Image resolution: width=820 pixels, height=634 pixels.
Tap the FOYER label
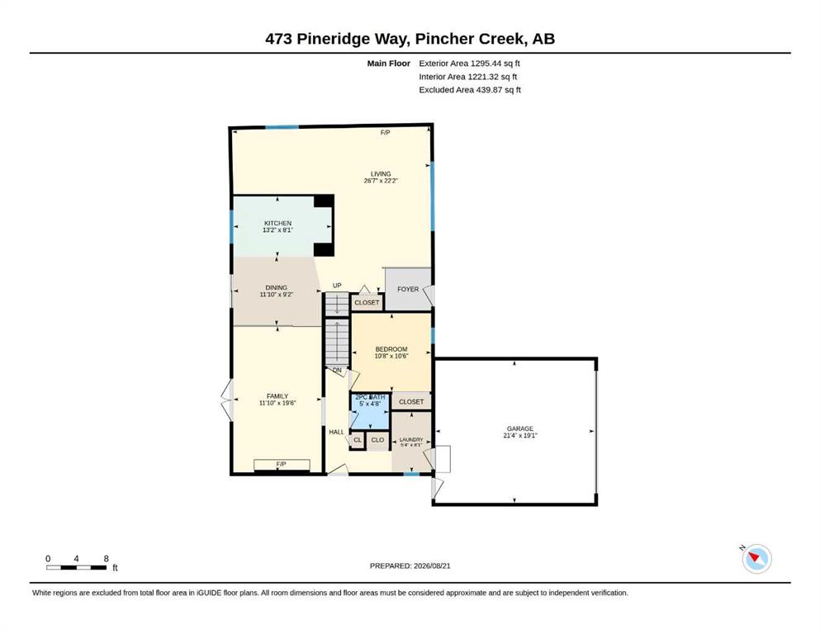click(408, 289)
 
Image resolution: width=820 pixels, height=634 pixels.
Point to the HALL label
click(337, 432)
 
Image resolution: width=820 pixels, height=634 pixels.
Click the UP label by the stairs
click(337, 286)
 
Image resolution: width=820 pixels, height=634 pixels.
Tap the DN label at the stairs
click(337, 370)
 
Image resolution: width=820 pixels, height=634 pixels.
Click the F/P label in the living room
click(385, 133)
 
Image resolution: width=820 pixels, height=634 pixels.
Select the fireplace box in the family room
click(282, 465)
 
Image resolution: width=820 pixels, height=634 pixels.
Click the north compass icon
click(756, 559)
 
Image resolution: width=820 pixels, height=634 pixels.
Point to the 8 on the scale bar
click(107, 559)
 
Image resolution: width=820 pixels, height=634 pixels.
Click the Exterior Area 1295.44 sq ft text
click(469, 64)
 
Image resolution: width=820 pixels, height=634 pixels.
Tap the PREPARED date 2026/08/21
click(432, 565)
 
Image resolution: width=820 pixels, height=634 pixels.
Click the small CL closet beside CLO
click(358, 440)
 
